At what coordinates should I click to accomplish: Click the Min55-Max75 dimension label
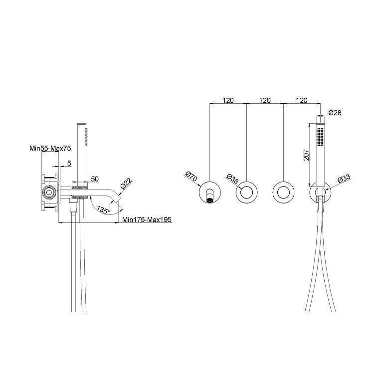pyautogui.click(x=50, y=148)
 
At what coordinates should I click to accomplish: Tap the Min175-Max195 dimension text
pyautogui.click(x=147, y=219)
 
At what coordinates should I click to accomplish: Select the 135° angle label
pyautogui.click(x=103, y=210)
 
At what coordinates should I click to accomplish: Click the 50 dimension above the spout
pyautogui.click(x=95, y=179)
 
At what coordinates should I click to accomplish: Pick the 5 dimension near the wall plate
pyautogui.click(x=69, y=163)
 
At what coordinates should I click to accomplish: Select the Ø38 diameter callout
pyautogui.click(x=233, y=179)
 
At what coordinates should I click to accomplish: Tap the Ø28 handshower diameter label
pyautogui.click(x=335, y=113)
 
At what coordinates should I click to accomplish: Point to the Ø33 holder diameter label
pyautogui.click(x=344, y=179)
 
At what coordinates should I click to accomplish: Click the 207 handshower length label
pyautogui.click(x=307, y=155)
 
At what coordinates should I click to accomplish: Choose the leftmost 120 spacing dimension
pyautogui.click(x=228, y=100)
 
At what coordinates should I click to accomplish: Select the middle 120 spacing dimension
pyautogui.click(x=265, y=100)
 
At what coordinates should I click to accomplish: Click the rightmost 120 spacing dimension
pyautogui.click(x=302, y=100)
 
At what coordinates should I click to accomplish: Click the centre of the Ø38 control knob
pyautogui.click(x=246, y=193)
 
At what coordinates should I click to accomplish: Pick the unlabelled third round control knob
pyautogui.click(x=283, y=193)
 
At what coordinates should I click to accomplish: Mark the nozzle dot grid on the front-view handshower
pyautogui.click(x=321, y=137)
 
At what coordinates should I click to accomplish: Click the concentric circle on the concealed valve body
pyautogui.click(x=49, y=193)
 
